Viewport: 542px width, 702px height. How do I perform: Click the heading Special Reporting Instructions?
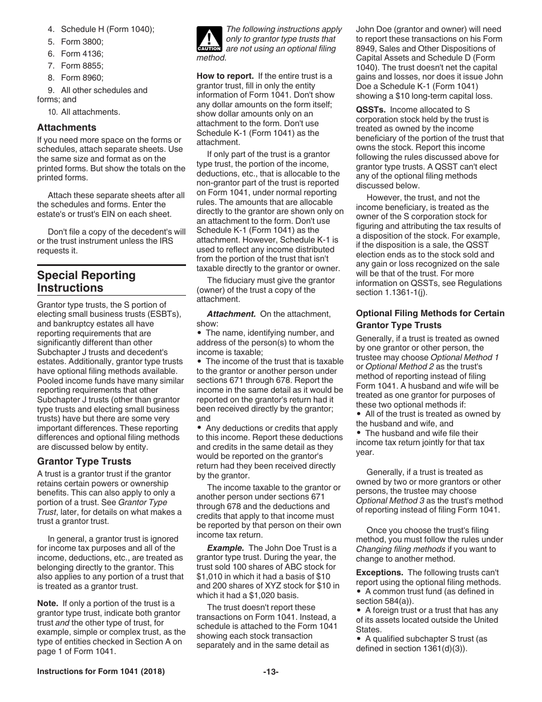tap(87, 281)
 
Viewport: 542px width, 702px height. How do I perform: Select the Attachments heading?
tap(67, 127)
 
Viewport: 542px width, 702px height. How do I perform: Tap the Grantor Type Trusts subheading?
tap(84, 461)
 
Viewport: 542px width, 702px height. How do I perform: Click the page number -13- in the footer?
tap(270, 672)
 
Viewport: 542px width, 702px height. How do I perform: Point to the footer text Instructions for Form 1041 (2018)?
tap(101, 672)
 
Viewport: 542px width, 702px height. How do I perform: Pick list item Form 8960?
tap(82, 78)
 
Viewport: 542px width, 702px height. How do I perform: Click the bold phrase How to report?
tap(225, 76)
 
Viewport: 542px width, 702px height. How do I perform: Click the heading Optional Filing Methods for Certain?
tap(430, 313)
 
